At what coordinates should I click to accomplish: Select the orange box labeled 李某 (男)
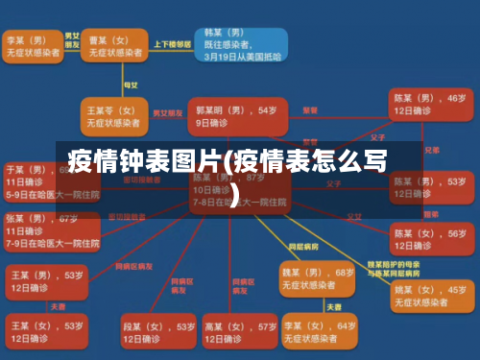[x=32, y=46]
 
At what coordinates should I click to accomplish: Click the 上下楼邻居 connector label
[x=178, y=43]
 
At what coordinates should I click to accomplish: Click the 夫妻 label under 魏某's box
[x=333, y=306]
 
